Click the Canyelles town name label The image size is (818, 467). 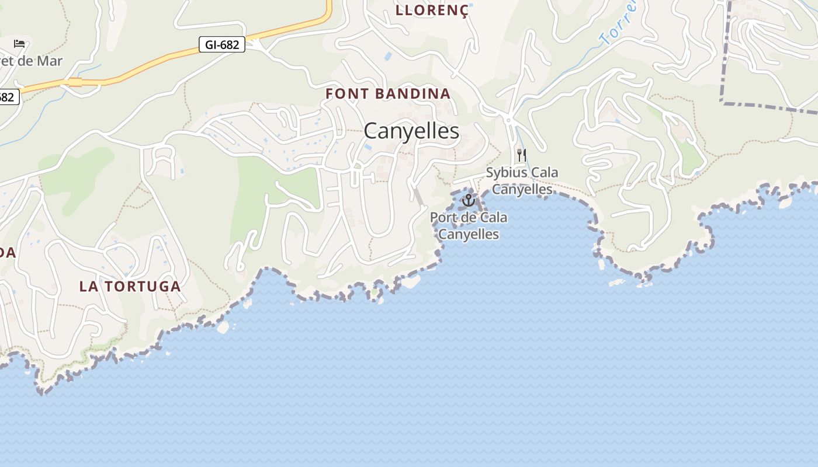(x=411, y=131)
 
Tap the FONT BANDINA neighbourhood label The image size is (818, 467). (x=388, y=93)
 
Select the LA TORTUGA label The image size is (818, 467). (x=130, y=287)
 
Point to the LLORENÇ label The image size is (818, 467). (x=432, y=11)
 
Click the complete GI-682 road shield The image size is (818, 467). (x=221, y=44)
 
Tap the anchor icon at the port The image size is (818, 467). (x=468, y=201)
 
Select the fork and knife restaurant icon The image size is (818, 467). (x=521, y=155)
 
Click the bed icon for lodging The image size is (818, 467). (x=19, y=44)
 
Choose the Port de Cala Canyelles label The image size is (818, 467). (x=469, y=226)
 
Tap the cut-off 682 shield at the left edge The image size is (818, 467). (x=8, y=97)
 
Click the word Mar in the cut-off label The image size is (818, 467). (x=49, y=61)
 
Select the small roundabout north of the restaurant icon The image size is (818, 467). (x=508, y=120)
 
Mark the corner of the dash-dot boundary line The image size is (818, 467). (x=724, y=103)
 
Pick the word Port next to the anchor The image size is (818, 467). (x=442, y=218)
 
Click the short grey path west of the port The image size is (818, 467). (x=419, y=197)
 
